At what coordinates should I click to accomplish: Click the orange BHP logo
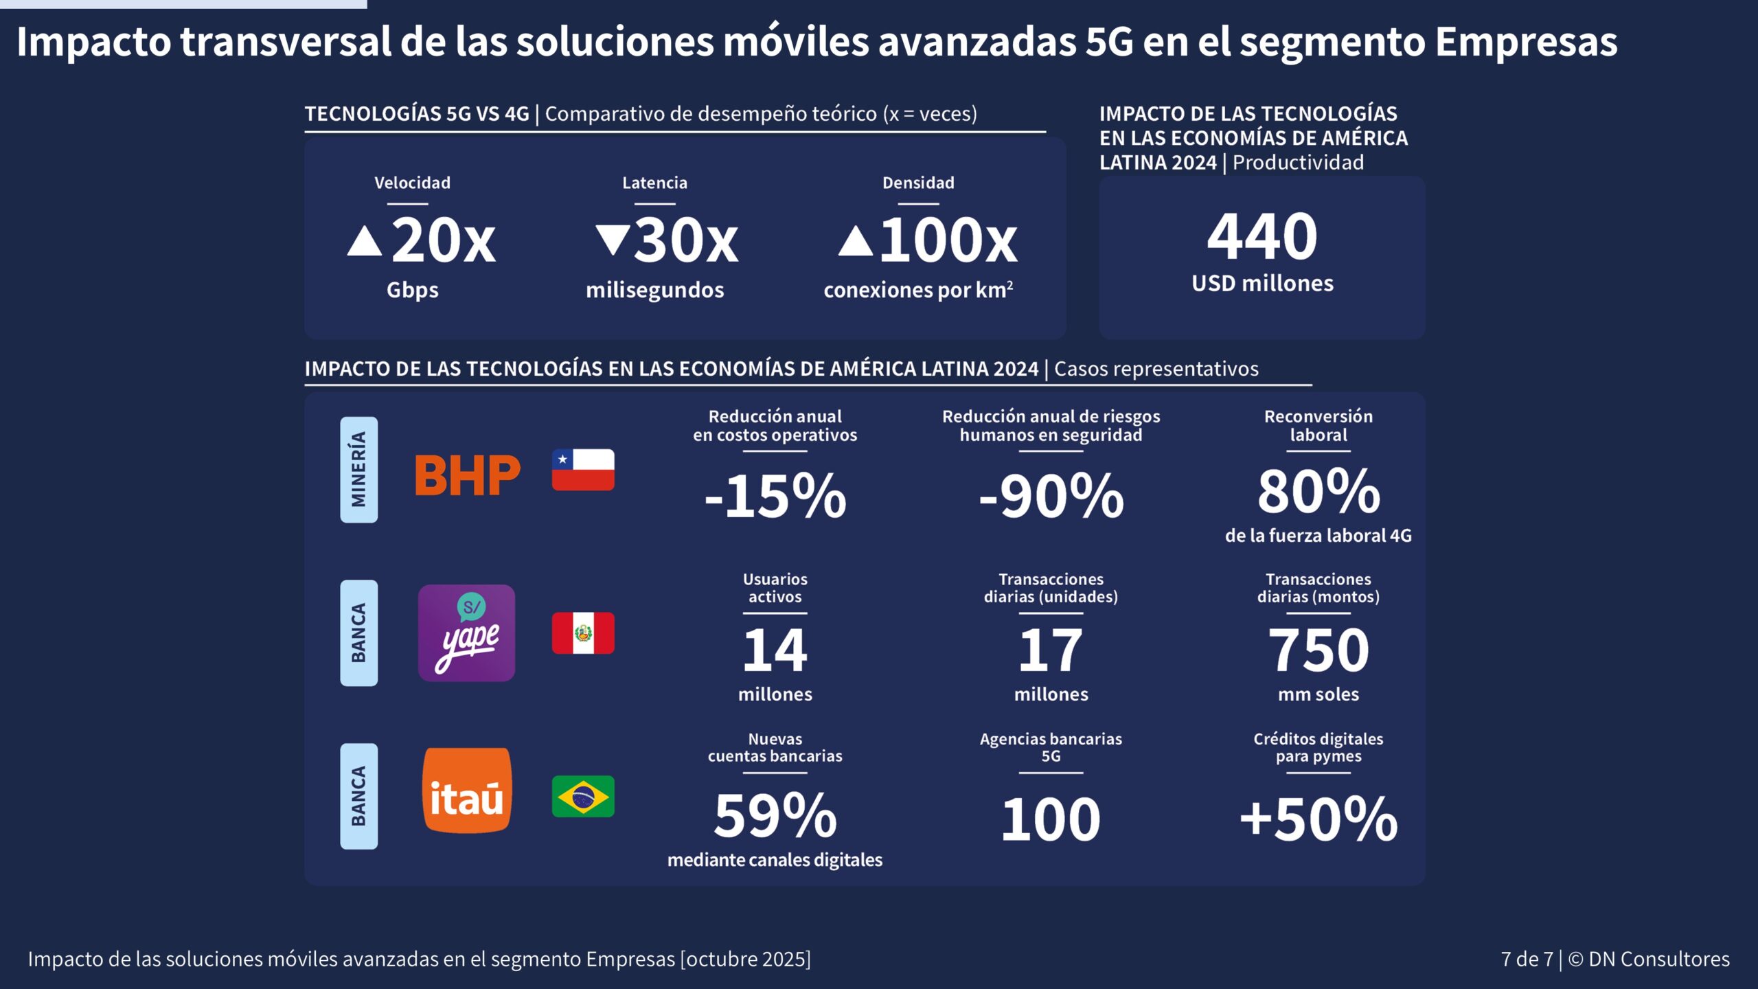(467, 475)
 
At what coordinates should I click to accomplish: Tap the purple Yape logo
(466, 633)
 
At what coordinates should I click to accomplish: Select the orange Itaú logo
(466, 791)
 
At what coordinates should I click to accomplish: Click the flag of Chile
(583, 470)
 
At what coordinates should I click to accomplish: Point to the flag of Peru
(583, 633)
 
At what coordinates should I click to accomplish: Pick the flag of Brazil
(583, 796)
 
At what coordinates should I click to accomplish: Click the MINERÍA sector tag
(358, 470)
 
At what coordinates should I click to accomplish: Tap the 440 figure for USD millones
(1262, 237)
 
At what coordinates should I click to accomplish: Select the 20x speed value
(443, 240)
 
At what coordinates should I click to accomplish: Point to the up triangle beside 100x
(855, 242)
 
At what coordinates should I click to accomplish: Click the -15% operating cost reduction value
(775, 496)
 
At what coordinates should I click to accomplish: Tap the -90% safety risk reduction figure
(1051, 496)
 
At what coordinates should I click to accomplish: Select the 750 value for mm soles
(1318, 650)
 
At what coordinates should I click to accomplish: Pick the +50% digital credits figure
(1318, 819)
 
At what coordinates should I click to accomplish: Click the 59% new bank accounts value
(775, 816)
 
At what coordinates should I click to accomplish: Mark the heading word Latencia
(654, 183)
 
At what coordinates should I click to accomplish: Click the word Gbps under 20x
(412, 290)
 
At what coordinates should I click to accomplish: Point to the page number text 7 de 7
(1527, 959)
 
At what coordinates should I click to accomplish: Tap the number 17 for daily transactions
(1051, 650)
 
